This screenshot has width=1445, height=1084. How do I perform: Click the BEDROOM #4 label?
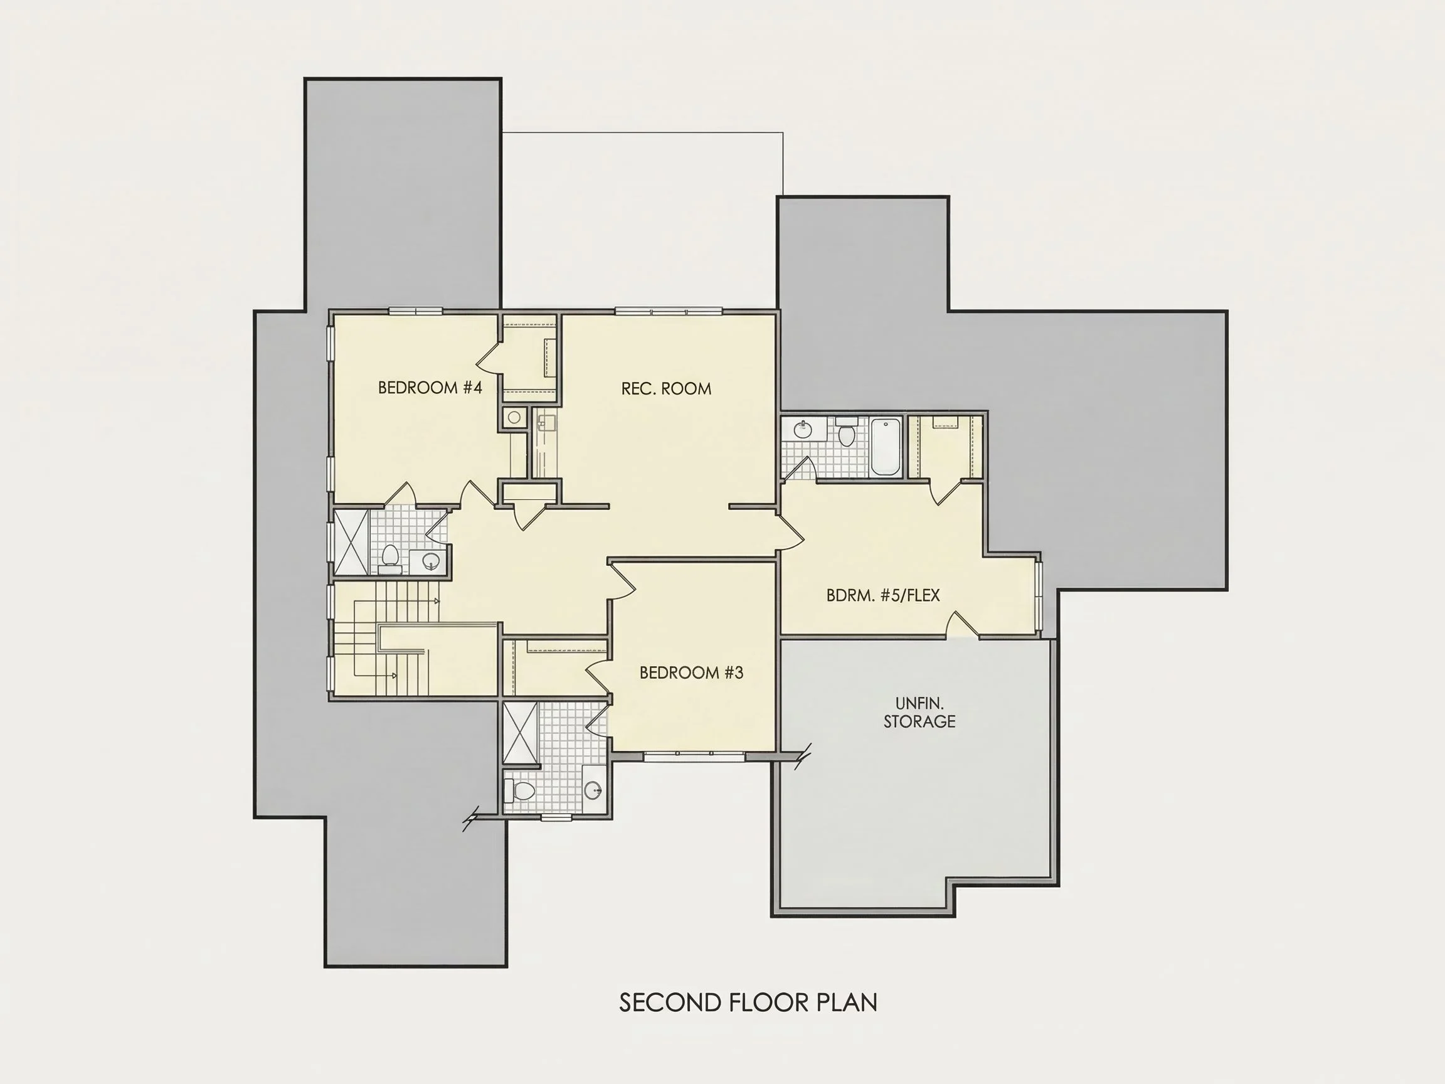pyautogui.click(x=430, y=388)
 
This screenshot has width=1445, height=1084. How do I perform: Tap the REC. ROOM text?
pyautogui.click(x=665, y=389)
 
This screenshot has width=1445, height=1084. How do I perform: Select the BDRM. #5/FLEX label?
pyautogui.click(x=883, y=595)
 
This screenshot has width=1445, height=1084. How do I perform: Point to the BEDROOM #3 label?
pyautogui.click(x=691, y=672)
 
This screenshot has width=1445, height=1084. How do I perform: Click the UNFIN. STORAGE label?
pyautogui.click(x=919, y=712)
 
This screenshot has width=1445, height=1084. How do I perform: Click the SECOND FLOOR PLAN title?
pyautogui.click(x=748, y=1002)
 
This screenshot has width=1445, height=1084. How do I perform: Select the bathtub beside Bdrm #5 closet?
pyautogui.click(x=886, y=447)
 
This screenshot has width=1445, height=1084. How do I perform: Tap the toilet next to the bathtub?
pyautogui.click(x=846, y=431)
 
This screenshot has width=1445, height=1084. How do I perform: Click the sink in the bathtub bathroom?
pyautogui.click(x=802, y=429)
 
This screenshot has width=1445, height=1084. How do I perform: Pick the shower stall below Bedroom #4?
pyautogui.click(x=351, y=543)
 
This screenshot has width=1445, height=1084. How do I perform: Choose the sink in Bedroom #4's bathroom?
pyautogui.click(x=430, y=560)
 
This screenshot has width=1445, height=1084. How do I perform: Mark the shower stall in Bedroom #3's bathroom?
pyautogui.click(x=521, y=733)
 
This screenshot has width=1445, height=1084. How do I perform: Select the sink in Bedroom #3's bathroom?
pyautogui.click(x=594, y=791)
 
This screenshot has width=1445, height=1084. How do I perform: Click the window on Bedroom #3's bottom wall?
pyautogui.click(x=694, y=756)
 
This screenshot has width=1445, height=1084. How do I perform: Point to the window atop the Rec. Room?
pyautogui.click(x=669, y=311)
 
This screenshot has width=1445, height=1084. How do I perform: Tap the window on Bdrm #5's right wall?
pyautogui.click(x=1039, y=594)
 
